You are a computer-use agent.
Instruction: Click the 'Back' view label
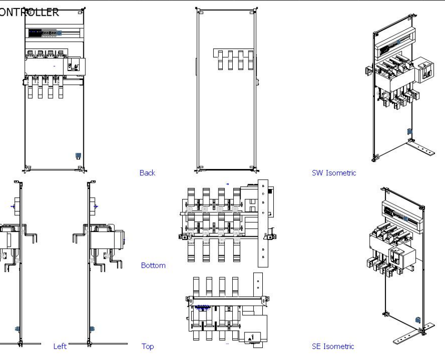[147, 173]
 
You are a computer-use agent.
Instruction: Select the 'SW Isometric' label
[334, 173]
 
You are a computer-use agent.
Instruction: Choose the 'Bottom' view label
[153, 265]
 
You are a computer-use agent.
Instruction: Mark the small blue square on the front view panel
[78, 155]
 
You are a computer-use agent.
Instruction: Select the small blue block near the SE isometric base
[418, 319]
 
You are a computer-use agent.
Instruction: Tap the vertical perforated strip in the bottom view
[262, 221]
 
